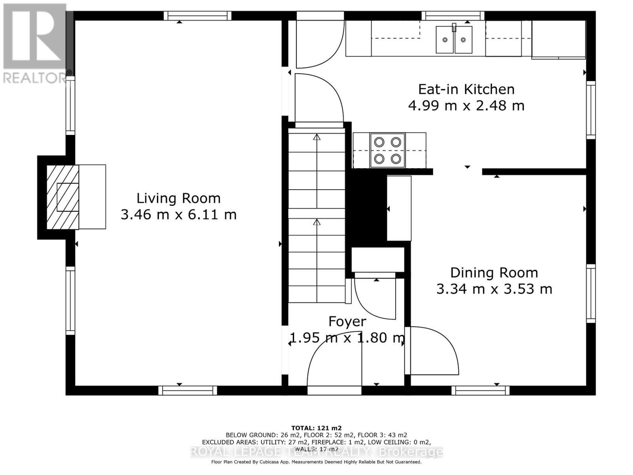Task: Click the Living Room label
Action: click(178, 198)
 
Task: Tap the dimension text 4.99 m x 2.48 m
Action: click(466, 106)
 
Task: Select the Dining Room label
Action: click(494, 273)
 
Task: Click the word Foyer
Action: click(347, 321)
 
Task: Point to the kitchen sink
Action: click(454, 39)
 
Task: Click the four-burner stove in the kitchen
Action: click(388, 150)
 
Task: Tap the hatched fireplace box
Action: click(63, 197)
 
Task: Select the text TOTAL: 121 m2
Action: click(316, 428)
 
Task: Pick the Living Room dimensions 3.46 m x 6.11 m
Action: click(178, 215)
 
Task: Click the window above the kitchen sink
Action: click(453, 16)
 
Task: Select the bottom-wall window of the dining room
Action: click(480, 391)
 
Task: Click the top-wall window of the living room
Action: click(197, 16)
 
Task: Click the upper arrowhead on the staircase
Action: click(316, 137)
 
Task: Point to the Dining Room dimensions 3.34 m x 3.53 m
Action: click(494, 289)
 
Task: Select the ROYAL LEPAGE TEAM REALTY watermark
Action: click(316, 452)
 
